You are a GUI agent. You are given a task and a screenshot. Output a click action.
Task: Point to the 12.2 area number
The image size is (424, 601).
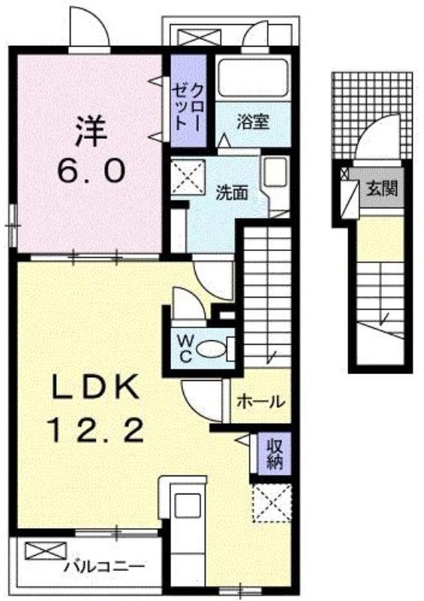[95, 430]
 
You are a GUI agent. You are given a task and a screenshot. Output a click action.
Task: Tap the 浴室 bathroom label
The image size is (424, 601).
[252, 122]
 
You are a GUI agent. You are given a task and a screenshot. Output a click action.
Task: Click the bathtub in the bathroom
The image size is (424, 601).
[252, 79]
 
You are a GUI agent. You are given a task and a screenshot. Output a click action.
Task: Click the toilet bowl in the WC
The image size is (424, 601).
[212, 349]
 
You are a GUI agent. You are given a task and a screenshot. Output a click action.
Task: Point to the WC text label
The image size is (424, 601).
[185, 348]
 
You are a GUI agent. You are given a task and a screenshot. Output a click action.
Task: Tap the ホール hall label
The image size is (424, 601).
[261, 402]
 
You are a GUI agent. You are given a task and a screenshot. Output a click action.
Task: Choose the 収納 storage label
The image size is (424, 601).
[275, 454]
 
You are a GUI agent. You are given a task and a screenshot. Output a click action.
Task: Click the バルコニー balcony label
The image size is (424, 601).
[104, 566]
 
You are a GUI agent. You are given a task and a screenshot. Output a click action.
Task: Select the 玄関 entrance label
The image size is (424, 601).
[381, 189]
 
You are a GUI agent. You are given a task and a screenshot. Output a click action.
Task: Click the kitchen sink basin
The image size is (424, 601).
[188, 505]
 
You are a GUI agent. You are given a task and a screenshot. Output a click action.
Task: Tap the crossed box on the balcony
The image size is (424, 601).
[46, 551]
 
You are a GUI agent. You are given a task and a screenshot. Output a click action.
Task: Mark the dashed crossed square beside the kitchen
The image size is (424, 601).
[272, 503]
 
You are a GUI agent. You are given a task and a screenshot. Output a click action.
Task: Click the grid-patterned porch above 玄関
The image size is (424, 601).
[372, 116]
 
